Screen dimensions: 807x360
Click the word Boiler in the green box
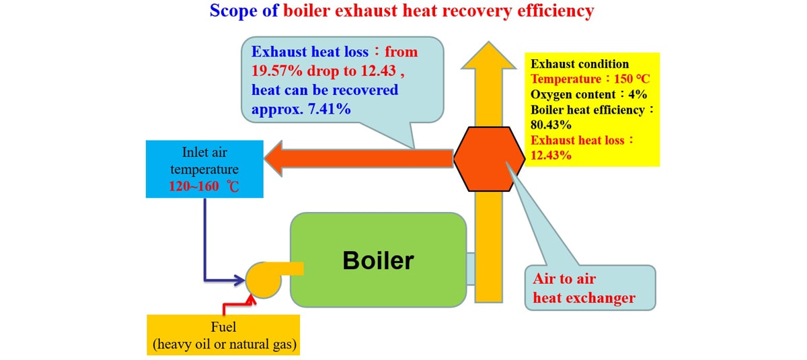(378, 260)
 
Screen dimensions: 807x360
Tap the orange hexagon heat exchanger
(489, 159)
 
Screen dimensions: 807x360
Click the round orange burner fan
(264, 280)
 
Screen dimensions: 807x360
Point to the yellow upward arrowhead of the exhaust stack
(488, 56)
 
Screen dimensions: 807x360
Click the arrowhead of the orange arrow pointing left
(274, 159)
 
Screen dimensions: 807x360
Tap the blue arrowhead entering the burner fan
(240, 280)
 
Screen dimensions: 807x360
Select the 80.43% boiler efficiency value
(551, 124)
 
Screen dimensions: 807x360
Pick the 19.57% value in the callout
(276, 71)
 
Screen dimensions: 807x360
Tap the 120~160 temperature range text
(194, 186)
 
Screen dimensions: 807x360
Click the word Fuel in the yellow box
(223, 327)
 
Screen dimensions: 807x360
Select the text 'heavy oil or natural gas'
(225, 344)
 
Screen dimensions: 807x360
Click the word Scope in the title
(233, 11)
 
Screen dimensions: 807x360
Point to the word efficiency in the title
(555, 11)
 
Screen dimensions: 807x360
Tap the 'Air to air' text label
(564, 279)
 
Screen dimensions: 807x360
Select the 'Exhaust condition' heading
(580, 64)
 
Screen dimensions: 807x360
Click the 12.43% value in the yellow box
(551, 155)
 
